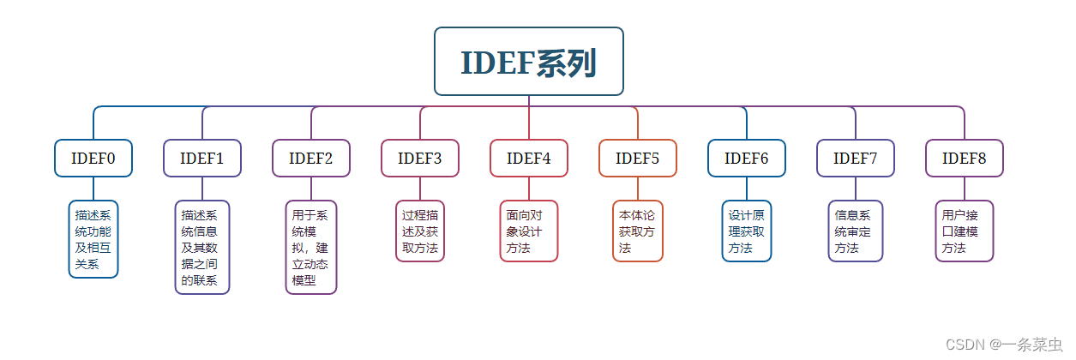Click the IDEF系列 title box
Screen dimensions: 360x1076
pyautogui.click(x=528, y=62)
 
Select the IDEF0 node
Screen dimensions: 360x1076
pyautogui.click(x=93, y=158)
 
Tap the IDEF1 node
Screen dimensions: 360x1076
pyautogui.click(x=201, y=158)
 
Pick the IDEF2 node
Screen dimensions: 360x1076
pyautogui.click(x=310, y=158)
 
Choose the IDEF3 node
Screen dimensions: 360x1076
pyautogui.click(x=419, y=158)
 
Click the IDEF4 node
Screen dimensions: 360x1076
pyautogui.click(x=528, y=158)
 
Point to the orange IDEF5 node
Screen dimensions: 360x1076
pyautogui.click(x=637, y=158)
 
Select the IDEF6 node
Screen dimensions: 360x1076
pyautogui.click(x=746, y=158)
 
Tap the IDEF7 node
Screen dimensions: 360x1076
pyautogui.click(x=855, y=158)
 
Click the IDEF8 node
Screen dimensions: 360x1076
pyautogui.click(x=964, y=158)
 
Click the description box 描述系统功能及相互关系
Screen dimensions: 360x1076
pyautogui.click(x=93, y=239)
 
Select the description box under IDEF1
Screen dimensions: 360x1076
pyautogui.click(x=201, y=248)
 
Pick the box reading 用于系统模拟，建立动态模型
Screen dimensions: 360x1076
pyautogui.click(x=310, y=248)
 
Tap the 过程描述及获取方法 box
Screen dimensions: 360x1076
pyautogui.click(x=419, y=231)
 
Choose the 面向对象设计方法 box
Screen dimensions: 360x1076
pyautogui.click(x=528, y=231)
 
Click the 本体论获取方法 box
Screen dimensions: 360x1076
pyautogui.click(x=637, y=231)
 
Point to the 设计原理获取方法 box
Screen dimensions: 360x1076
pyautogui.click(x=746, y=231)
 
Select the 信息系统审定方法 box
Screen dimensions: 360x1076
pyautogui.click(x=855, y=231)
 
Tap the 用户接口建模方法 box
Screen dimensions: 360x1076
pyautogui.click(x=964, y=231)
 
